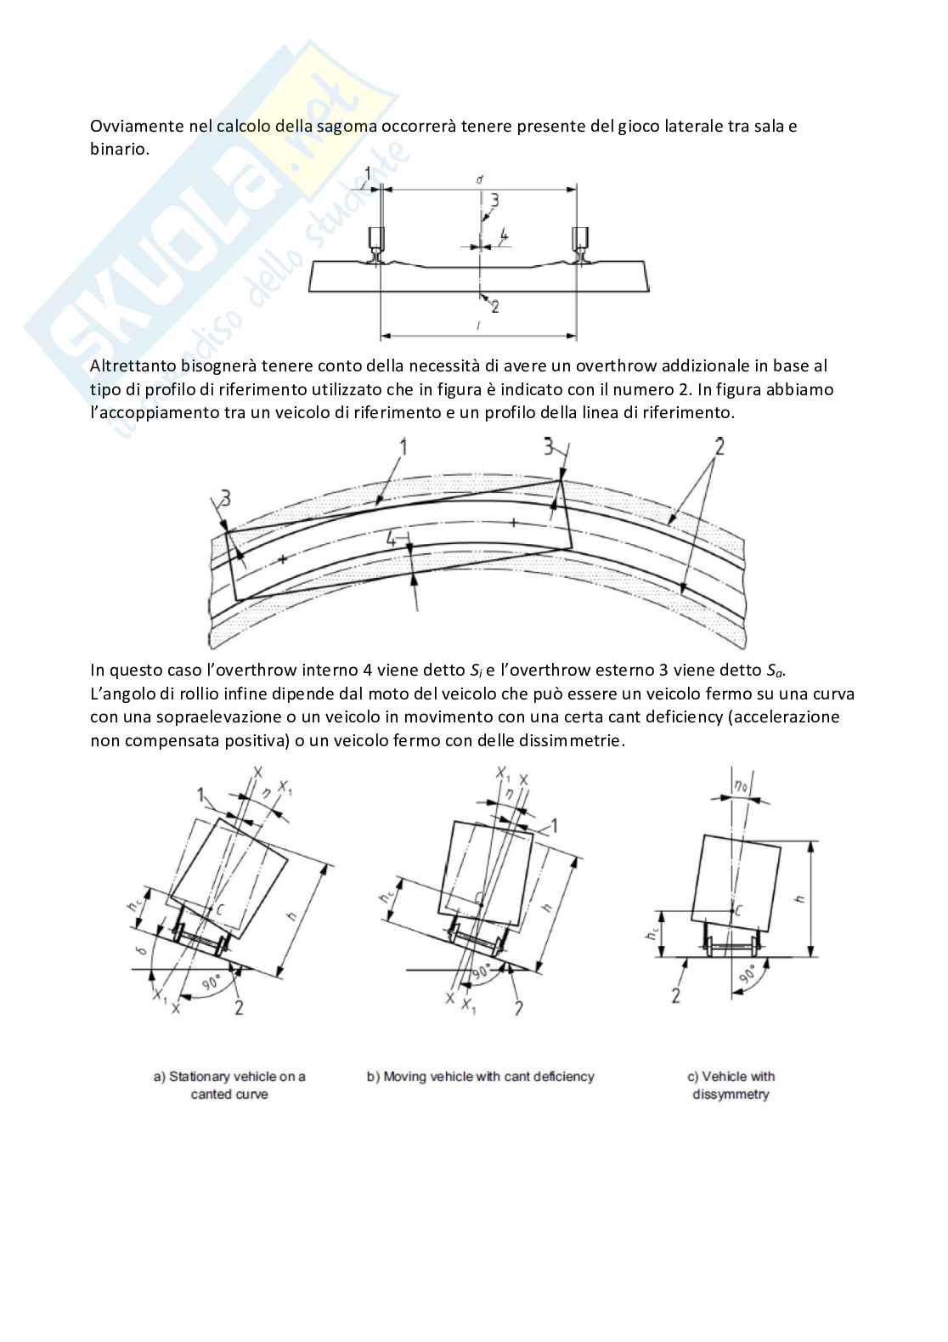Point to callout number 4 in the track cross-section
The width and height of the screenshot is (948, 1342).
504,233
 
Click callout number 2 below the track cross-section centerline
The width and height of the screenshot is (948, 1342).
495,306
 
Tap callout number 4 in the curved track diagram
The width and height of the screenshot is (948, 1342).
390,538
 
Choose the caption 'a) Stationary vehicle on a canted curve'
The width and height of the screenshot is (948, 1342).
229,1085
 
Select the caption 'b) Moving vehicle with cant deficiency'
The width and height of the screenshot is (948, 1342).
481,1077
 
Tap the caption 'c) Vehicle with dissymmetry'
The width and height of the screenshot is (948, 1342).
731,1085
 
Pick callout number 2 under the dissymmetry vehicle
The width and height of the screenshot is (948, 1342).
676,994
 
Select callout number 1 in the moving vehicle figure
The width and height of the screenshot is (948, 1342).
554,824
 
